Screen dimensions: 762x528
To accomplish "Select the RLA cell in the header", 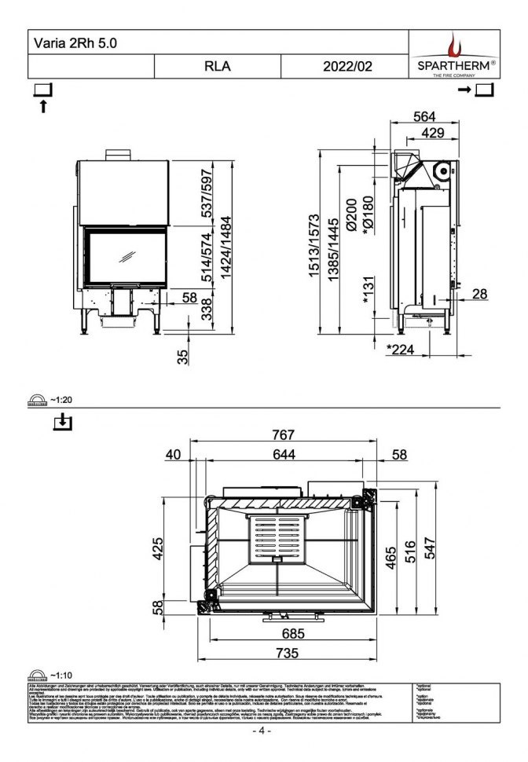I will [217, 67].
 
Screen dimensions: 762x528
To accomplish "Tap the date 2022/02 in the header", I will [346, 67].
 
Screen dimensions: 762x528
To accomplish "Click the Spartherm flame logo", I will [454, 44].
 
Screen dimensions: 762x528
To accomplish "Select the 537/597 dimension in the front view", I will [207, 195].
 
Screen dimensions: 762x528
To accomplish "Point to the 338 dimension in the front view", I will [207, 308].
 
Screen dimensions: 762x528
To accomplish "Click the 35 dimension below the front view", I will [183, 356].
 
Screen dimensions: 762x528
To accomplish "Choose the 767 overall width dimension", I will [283, 434].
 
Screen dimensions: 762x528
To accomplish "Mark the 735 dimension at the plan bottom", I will [286, 653].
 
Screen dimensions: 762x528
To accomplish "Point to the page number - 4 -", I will [262, 731].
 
